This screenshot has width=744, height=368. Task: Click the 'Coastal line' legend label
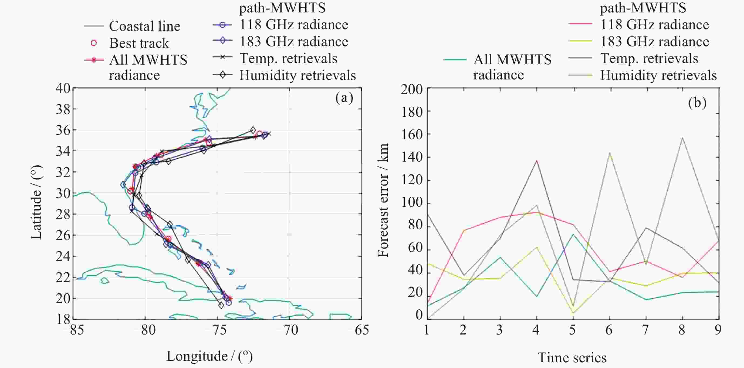click(x=144, y=26)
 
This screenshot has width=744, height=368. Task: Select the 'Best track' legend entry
click(x=139, y=43)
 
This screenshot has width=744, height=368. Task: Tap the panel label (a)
click(x=344, y=98)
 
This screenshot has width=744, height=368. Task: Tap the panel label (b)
click(x=697, y=103)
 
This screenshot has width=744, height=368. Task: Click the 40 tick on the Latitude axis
click(x=63, y=88)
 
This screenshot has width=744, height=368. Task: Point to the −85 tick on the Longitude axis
click(x=73, y=330)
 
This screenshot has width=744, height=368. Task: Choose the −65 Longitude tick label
click(x=359, y=330)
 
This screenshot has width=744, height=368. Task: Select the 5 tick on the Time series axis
click(x=572, y=330)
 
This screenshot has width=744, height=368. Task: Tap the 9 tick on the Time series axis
click(x=718, y=330)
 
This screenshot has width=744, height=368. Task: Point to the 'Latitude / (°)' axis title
click(x=36, y=202)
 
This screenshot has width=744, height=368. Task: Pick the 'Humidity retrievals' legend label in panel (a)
click(x=297, y=75)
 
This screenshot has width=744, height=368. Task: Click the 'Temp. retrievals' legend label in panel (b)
click(x=649, y=59)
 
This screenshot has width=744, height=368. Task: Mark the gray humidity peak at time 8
click(x=682, y=138)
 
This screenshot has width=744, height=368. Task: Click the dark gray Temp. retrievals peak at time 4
click(x=537, y=160)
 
